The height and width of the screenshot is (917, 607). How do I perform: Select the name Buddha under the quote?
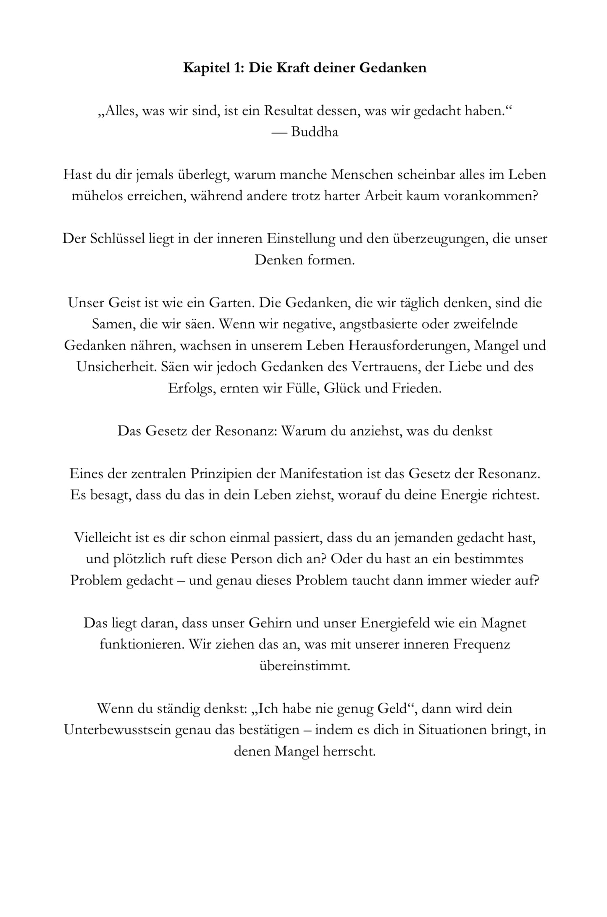click(314, 132)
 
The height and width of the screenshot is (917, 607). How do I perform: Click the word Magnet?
click(503, 623)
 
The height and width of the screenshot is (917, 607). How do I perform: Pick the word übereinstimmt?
click(305, 666)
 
